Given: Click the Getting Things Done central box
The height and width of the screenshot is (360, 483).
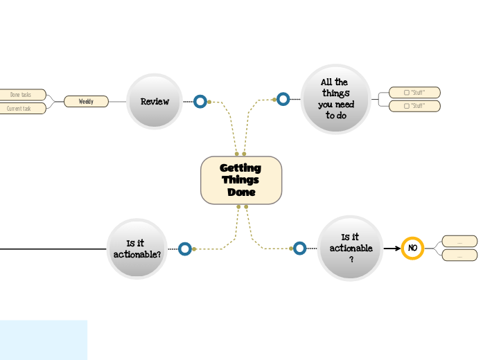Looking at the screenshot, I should [x=241, y=180].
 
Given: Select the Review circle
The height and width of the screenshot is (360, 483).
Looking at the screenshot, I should [x=155, y=101].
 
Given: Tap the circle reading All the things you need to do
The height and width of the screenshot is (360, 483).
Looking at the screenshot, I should [x=336, y=99].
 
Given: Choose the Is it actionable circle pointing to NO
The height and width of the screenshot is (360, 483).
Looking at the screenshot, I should [x=351, y=248].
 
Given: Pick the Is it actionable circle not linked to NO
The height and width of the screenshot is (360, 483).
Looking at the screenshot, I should [x=137, y=249].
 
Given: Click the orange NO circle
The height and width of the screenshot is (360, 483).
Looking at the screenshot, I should [x=412, y=248].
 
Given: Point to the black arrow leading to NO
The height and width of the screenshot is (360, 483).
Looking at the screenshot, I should [x=393, y=248].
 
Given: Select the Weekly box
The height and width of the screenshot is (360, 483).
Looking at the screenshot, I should [x=86, y=102].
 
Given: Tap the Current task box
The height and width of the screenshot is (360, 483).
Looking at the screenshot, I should [x=21, y=109].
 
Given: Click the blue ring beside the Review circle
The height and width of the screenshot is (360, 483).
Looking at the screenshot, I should [x=200, y=102].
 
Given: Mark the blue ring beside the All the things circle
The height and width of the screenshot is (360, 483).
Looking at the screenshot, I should [x=283, y=99].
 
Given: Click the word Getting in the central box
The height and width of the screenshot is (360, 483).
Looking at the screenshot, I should [x=240, y=168].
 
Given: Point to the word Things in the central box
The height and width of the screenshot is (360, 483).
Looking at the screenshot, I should [x=240, y=180].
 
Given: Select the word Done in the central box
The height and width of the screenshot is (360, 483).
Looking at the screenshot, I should [x=241, y=192].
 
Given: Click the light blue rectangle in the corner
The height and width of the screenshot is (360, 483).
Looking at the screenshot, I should [x=43, y=339].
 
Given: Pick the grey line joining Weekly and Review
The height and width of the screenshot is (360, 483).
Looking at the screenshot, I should [x=118, y=102].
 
